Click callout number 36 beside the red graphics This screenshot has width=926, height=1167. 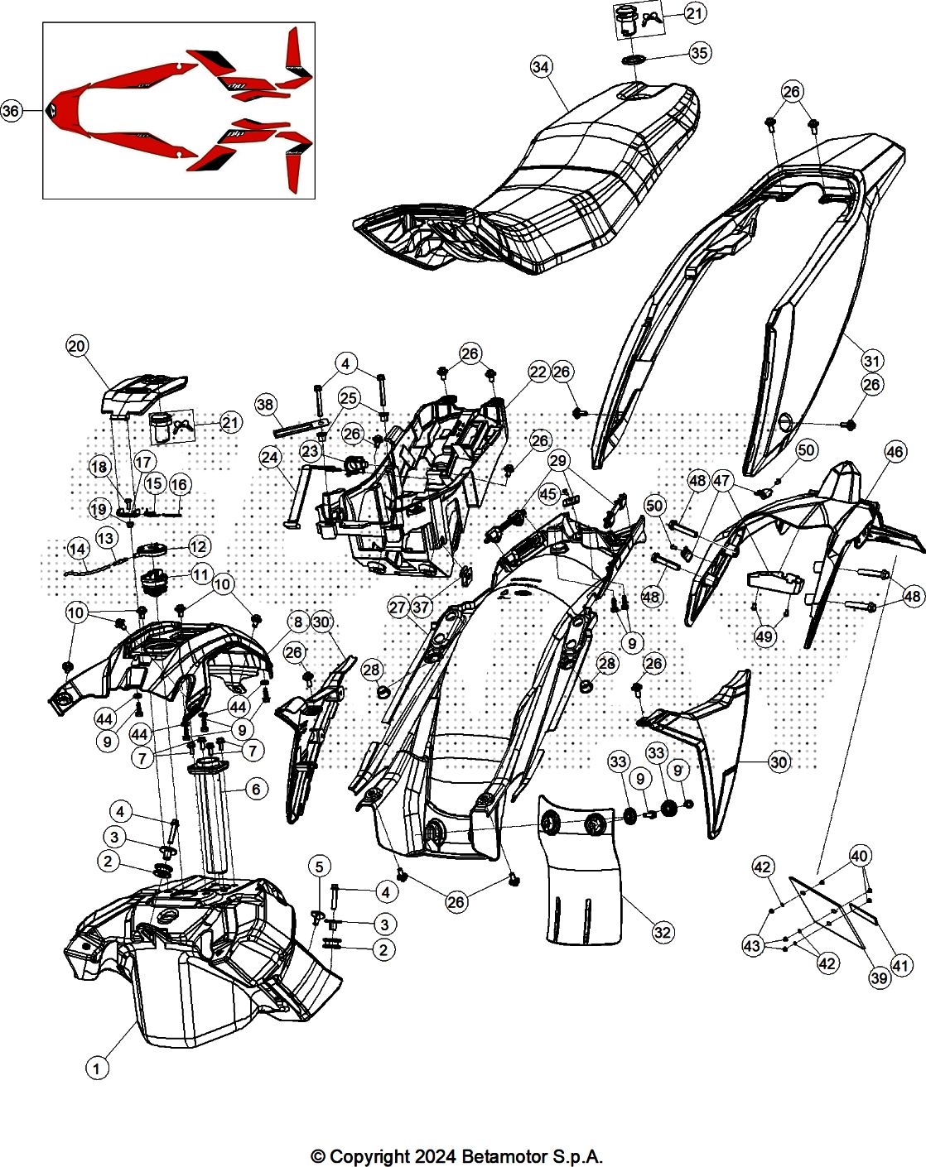click(x=11, y=111)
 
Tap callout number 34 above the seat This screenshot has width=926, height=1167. click(x=541, y=67)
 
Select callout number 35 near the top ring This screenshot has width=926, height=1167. click(x=700, y=53)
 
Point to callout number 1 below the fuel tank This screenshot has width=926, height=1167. click(x=97, y=1069)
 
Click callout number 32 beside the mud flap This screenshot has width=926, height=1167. click(x=663, y=932)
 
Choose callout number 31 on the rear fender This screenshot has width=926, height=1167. click(x=872, y=361)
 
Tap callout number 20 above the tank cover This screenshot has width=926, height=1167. click(x=77, y=346)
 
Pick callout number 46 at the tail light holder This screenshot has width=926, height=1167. click(x=895, y=452)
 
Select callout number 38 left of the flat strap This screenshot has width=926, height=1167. click(x=265, y=405)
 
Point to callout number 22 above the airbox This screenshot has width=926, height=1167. click(x=538, y=372)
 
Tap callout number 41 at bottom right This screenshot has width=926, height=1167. click(x=900, y=964)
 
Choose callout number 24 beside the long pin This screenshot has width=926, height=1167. click(x=270, y=457)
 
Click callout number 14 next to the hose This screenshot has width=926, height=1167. click(x=77, y=548)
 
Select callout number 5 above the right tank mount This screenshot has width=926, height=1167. click(x=320, y=867)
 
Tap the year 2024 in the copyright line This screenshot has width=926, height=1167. click(x=434, y=1156)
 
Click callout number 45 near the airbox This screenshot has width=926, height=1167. click(x=548, y=494)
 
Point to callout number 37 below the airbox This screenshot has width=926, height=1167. click(x=422, y=608)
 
